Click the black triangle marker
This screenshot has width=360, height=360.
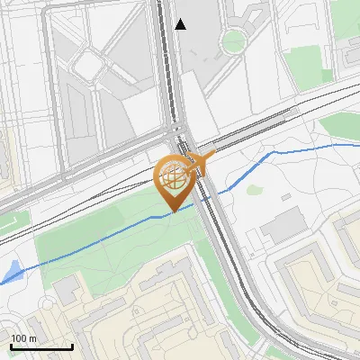tap(181, 24)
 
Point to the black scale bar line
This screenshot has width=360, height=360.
tap(41, 346)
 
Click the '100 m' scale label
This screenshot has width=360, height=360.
tap(23, 338)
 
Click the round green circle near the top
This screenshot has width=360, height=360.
tap(233, 40)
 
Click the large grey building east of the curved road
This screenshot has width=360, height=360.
tap(284, 225)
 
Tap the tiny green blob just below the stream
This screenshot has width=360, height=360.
tap(255, 190)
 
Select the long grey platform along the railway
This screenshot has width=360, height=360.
tap(247, 130)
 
